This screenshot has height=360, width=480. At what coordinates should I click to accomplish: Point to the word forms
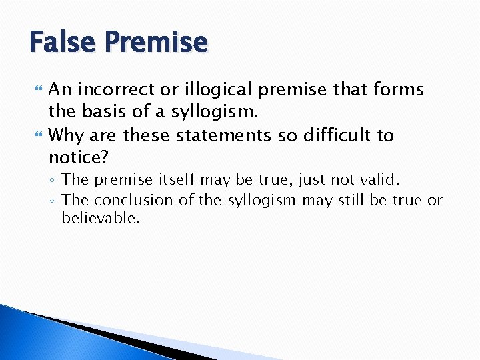tap(399, 89)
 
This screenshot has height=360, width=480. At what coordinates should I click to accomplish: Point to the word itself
tap(177, 179)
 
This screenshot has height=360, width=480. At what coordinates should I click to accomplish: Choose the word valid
tap(381, 179)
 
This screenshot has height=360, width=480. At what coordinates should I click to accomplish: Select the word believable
tap(101, 218)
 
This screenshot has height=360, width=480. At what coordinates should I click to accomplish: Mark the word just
tap(312, 179)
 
